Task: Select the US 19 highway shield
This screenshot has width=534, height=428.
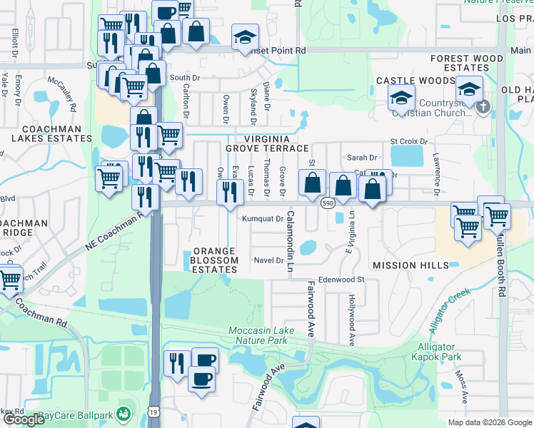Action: pyautogui.click(x=153, y=412)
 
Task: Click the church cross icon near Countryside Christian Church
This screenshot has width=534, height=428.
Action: pyautogui.click(x=483, y=108)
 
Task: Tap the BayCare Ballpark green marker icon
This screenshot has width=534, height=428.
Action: pyautogui.click(x=124, y=413)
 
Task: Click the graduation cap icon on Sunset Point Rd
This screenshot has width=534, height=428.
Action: pyautogui.click(x=245, y=36)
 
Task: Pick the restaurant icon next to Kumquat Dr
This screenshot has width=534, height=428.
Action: pyautogui.click(x=229, y=192)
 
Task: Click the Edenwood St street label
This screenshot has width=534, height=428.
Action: pyautogui.click(x=341, y=280)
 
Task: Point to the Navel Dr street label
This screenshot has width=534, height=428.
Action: pyautogui.click(x=269, y=260)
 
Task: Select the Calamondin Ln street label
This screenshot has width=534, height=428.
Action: pyautogui.click(x=291, y=235)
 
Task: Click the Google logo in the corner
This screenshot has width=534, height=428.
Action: pyautogui.click(x=24, y=419)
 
